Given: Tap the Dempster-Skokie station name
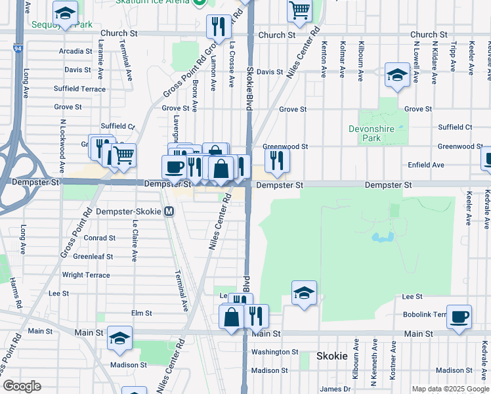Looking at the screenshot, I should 129,211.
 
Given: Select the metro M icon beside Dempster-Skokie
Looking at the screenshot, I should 169,211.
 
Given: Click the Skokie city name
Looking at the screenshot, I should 331,356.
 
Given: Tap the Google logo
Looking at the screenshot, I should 22,386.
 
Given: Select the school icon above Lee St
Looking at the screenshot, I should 304,293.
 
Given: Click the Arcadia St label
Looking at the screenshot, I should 75,51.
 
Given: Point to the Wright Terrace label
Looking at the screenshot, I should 86,275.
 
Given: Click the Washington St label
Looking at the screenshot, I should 275,352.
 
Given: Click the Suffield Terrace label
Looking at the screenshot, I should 79,89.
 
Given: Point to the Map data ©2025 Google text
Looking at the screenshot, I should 450,389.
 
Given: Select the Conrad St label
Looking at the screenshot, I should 100,238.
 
